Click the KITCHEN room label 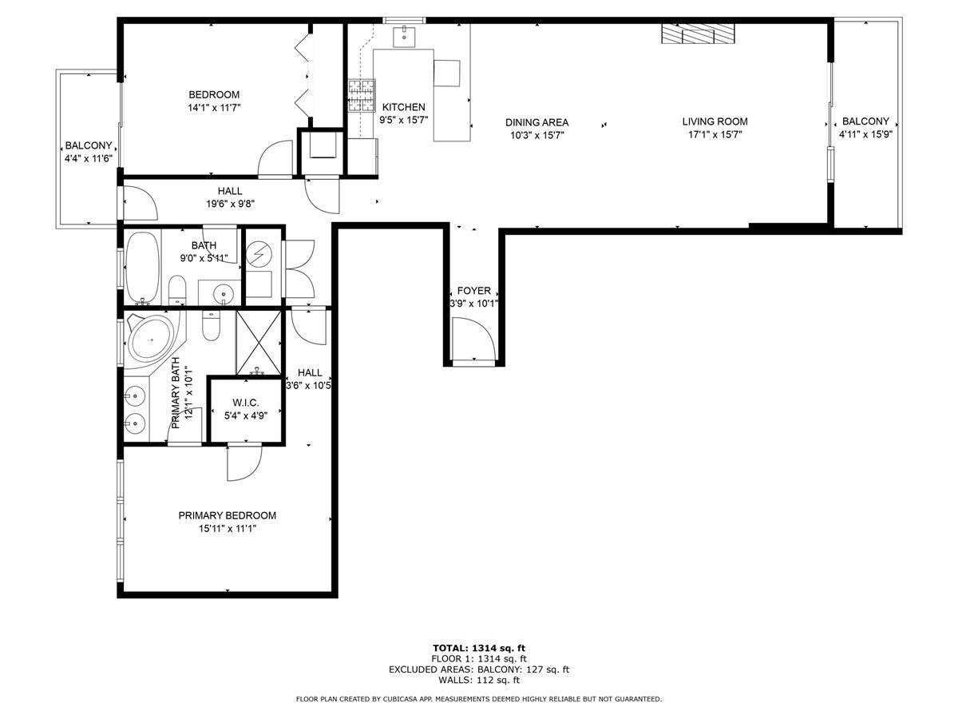(x=403, y=107)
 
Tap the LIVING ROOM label (x=715, y=121)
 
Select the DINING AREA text (x=536, y=122)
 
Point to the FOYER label (x=473, y=291)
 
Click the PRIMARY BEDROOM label (x=227, y=515)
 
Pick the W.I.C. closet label (x=246, y=402)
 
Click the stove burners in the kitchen (x=361, y=96)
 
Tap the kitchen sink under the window (x=405, y=35)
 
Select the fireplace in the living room (x=697, y=33)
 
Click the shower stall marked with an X (x=259, y=342)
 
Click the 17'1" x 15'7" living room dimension (x=715, y=134)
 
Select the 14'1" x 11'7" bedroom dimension (x=213, y=107)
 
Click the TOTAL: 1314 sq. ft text (x=478, y=647)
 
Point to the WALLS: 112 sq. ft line (x=478, y=681)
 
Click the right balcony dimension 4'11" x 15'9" (x=865, y=134)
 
